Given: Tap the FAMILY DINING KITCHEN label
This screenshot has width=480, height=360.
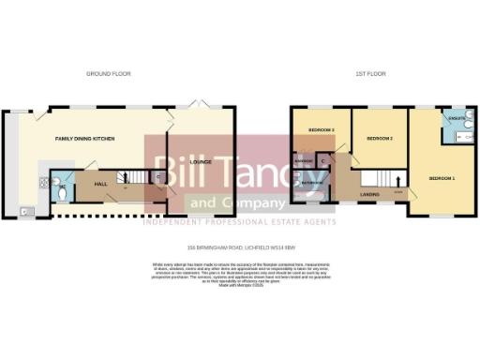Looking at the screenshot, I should pyautogui.click(x=83, y=138).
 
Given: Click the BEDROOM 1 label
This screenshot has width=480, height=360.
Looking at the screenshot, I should pyautogui.click(x=442, y=178).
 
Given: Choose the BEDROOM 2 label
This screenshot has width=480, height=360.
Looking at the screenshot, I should pyautogui.click(x=379, y=139).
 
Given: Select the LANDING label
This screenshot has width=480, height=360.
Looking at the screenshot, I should pyautogui.click(x=369, y=194).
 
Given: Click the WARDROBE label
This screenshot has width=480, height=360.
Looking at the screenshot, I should pyautogui.click(x=303, y=161).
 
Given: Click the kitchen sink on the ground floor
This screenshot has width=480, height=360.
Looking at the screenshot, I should pyautogui.click(x=24, y=210).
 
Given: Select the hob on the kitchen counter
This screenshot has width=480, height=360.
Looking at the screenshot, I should pyautogui.click(x=43, y=178).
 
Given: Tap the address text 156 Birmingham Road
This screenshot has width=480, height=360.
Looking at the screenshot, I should pyautogui.click(x=238, y=247).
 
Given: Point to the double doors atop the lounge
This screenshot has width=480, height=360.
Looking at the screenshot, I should pyautogui.click(x=198, y=105).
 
